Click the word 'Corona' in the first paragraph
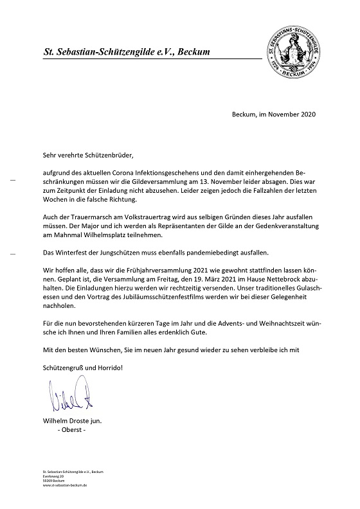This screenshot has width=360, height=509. coord(134,174)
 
